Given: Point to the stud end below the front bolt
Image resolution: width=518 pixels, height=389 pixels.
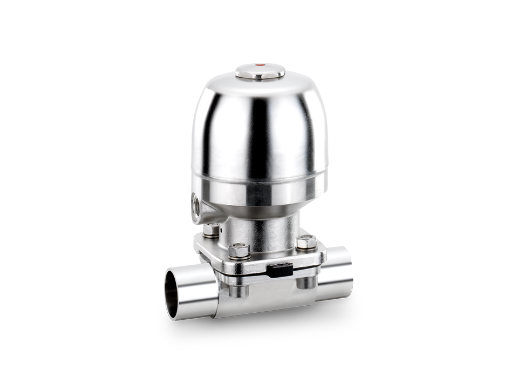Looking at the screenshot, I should (x=238, y=290).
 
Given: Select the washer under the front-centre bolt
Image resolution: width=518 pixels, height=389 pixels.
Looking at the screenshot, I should (x=238, y=259).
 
